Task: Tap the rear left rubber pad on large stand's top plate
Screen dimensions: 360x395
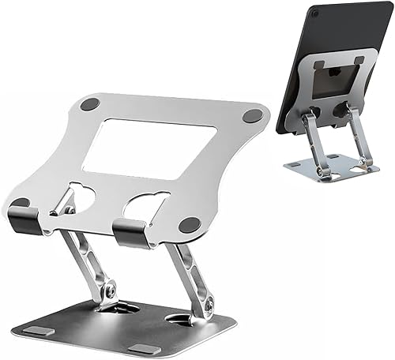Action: [x=90, y=103]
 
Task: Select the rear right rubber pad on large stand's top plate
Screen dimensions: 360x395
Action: [x=252, y=115]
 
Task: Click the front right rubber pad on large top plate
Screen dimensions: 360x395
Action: [x=190, y=225]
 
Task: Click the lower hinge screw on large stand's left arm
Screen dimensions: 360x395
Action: [x=108, y=291]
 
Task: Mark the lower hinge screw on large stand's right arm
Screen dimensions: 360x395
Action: [x=206, y=303]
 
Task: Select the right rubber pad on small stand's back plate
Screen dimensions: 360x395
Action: [x=359, y=60]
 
